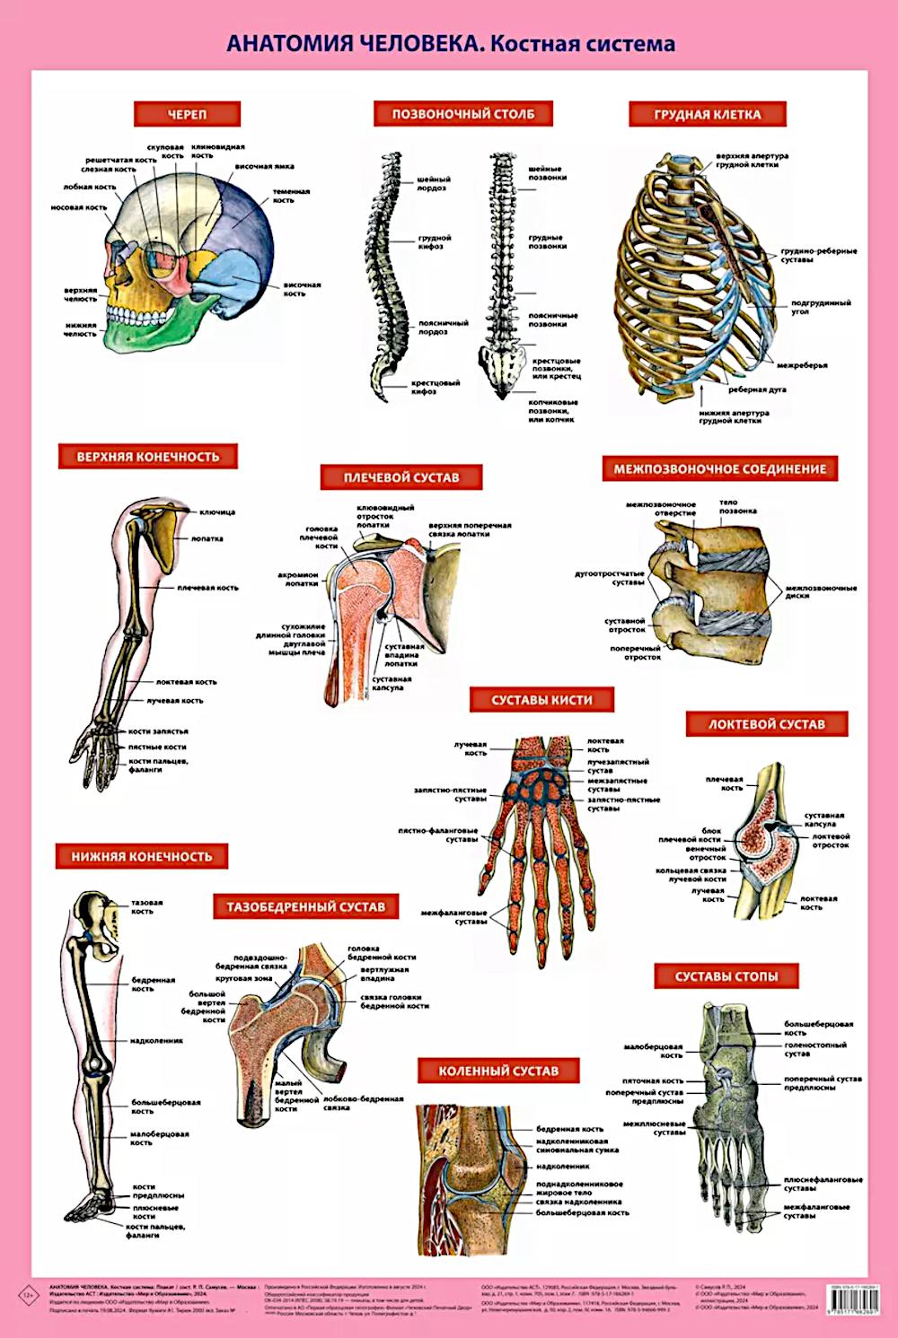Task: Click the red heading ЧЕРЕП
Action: click(187, 114)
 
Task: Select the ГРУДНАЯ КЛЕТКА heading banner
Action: click(707, 114)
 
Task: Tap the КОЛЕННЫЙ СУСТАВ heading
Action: click(498, 1071)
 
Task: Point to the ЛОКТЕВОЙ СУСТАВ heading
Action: click(766, 724)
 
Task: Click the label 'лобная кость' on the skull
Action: click(90, 188)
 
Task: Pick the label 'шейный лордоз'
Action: click(434, 183)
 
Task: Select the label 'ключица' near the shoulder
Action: click(217, 512)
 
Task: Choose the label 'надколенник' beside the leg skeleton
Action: click(156, 1041)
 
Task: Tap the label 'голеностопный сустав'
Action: click(815, 1049)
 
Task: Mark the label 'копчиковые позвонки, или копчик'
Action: click(552, 410)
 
